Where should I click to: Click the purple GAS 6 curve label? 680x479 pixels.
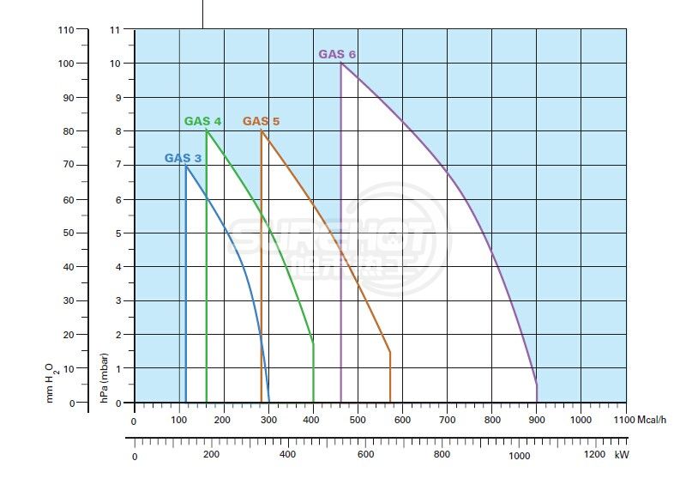click(x=337, y=54)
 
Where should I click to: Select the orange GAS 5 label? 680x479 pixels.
click(x=261, y=121)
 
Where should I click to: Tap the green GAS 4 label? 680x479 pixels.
click(x=202, y=121)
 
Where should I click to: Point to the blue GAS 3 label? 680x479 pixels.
click(x=183, y=158)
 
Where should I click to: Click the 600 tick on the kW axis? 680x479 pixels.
click(x=364, y=454)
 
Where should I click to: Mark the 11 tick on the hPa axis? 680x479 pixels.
click(x=114, y=29)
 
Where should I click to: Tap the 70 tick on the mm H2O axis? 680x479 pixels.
click(x=68, y=165)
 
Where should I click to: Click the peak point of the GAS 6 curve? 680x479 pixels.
click(x=341, y=63)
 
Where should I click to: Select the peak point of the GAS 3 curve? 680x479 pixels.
click(x=186, y=165)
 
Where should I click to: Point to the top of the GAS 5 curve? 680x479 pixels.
click(x=262, y=130)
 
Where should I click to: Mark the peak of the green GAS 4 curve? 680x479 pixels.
click(x=207, y=130)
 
